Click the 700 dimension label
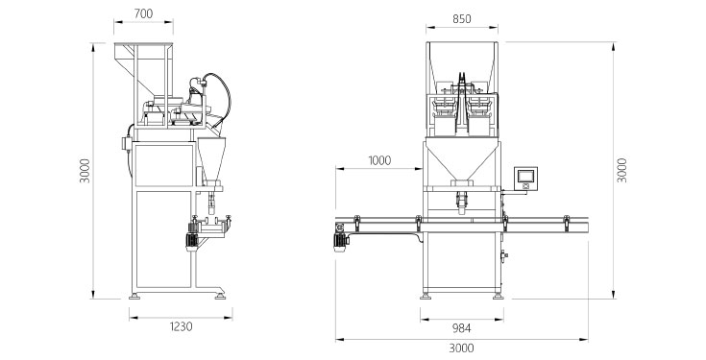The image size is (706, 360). coord(143,14)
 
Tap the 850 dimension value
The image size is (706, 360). coord(461,19)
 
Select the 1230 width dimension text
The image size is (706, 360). coord(181,326)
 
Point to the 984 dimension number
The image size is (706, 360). coord(461,328)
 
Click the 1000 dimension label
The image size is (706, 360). coord(379,160)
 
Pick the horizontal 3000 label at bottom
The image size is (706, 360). coord(461,348)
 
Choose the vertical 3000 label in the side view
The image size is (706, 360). coord(85,171)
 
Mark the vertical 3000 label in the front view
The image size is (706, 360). coord(621,170)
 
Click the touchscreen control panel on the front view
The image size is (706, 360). coord(525,179)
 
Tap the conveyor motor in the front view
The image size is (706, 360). coord(340,242)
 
